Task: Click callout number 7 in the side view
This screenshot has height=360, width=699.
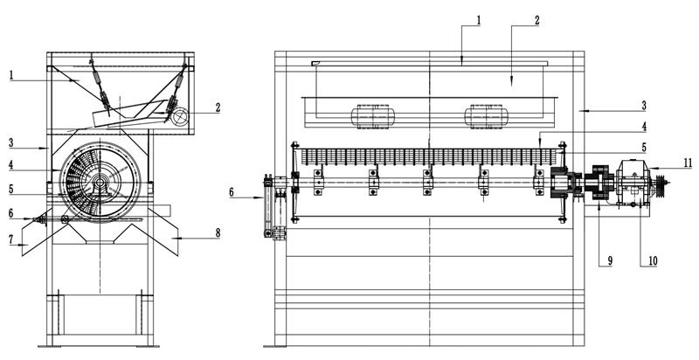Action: click(10, 239)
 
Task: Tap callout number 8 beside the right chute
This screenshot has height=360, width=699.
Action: click(218, 233)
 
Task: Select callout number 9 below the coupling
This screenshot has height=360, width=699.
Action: click(610, 260)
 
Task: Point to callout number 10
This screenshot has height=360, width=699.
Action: click(652, 261)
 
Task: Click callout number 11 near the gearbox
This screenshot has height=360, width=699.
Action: click(688, 163)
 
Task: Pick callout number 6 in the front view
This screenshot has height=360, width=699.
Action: click(232, 192)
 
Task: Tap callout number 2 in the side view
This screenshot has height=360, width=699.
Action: click(218, 107)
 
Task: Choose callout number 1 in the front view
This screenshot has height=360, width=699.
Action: click(479, 20)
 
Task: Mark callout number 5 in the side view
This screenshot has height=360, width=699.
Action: click(11, 189)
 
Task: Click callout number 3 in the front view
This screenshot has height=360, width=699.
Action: click(644, 106)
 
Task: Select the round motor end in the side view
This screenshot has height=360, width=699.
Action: click(180, 117)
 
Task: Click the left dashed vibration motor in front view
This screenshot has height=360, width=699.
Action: click(373, 117)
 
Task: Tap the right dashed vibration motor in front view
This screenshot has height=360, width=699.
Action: click(487, 117)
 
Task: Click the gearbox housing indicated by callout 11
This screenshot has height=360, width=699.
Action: click(633, 183)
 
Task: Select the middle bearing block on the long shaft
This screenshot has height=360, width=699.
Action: click(427, 183)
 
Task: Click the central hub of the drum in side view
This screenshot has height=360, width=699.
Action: click(100, 183)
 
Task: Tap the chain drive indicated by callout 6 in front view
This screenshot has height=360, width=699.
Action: click(268, 206)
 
